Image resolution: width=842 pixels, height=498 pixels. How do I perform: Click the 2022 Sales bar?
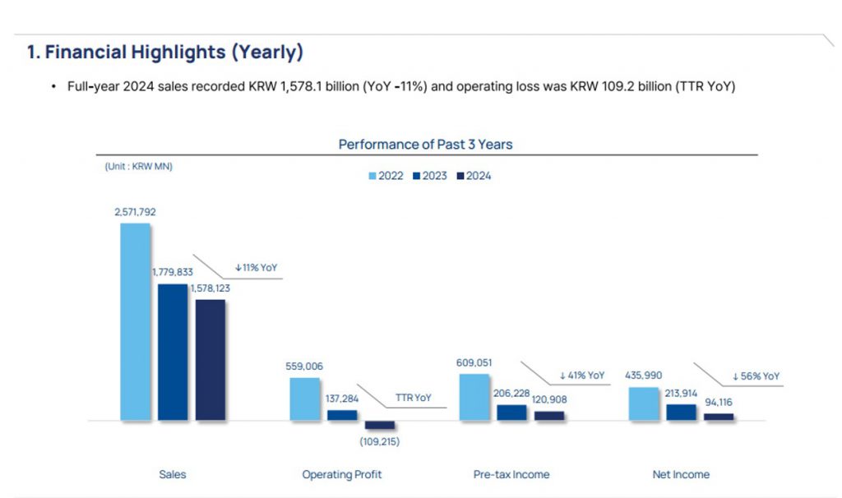[136, 321]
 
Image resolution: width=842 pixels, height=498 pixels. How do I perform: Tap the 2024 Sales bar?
[210, 360]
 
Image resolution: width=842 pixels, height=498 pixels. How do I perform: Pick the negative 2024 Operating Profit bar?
[380, 425]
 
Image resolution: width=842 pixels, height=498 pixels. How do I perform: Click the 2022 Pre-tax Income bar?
[474, 397]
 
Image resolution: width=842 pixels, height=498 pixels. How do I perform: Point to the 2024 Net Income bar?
[719, 417]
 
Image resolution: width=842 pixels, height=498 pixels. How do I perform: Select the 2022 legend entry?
[386, 176]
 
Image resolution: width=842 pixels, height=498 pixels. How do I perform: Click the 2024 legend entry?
[474, 176]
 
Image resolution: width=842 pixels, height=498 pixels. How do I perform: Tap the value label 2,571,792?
[135, 212]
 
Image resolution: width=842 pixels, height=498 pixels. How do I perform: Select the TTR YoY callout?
[413, 398]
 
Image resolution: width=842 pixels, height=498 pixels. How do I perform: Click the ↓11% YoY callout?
[256, 268]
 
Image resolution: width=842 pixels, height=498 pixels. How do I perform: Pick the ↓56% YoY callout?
[756, 376]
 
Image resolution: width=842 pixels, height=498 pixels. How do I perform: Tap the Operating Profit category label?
[342, 474]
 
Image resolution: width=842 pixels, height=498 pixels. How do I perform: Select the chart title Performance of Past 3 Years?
[425, 145]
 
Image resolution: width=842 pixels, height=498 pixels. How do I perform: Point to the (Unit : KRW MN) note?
[138, 166]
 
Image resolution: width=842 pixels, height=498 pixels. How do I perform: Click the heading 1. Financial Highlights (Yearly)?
[165, 53]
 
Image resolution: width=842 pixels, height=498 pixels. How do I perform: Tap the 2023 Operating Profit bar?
[342, 415]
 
